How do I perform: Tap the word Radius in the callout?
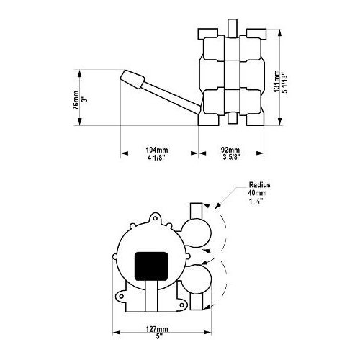click(259, 184)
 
